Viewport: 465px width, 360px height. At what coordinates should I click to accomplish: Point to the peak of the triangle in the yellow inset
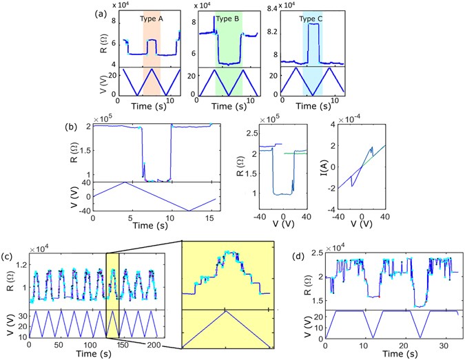(x=225, y=312)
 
